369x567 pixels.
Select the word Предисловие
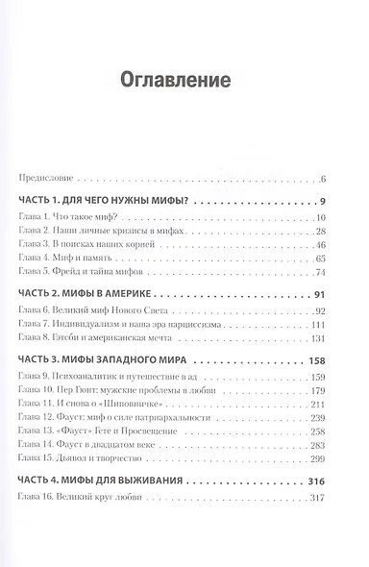[x=46, y=178]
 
